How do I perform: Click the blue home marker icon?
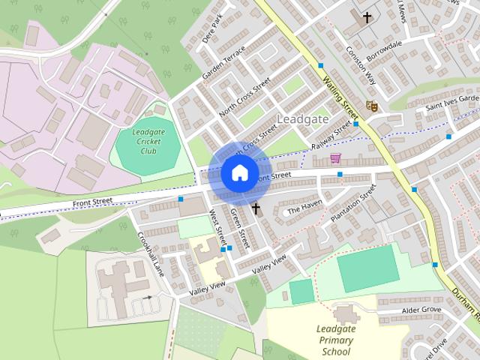[x=239, y=172]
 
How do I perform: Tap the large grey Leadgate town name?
[x=302, y=119]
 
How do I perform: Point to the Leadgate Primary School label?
[x=336, y=340]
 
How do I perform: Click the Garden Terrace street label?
[x=223, y=64]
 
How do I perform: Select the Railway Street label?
[x=331, y=136]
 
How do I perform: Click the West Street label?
[x=217, y=229]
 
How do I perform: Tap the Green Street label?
[x=239, y=227]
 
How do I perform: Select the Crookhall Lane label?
[x=151, y=253]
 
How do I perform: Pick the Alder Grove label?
[x=421, y=309]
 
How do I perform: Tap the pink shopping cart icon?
[x=335, y=158]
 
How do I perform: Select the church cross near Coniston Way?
[x=367, y=16]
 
